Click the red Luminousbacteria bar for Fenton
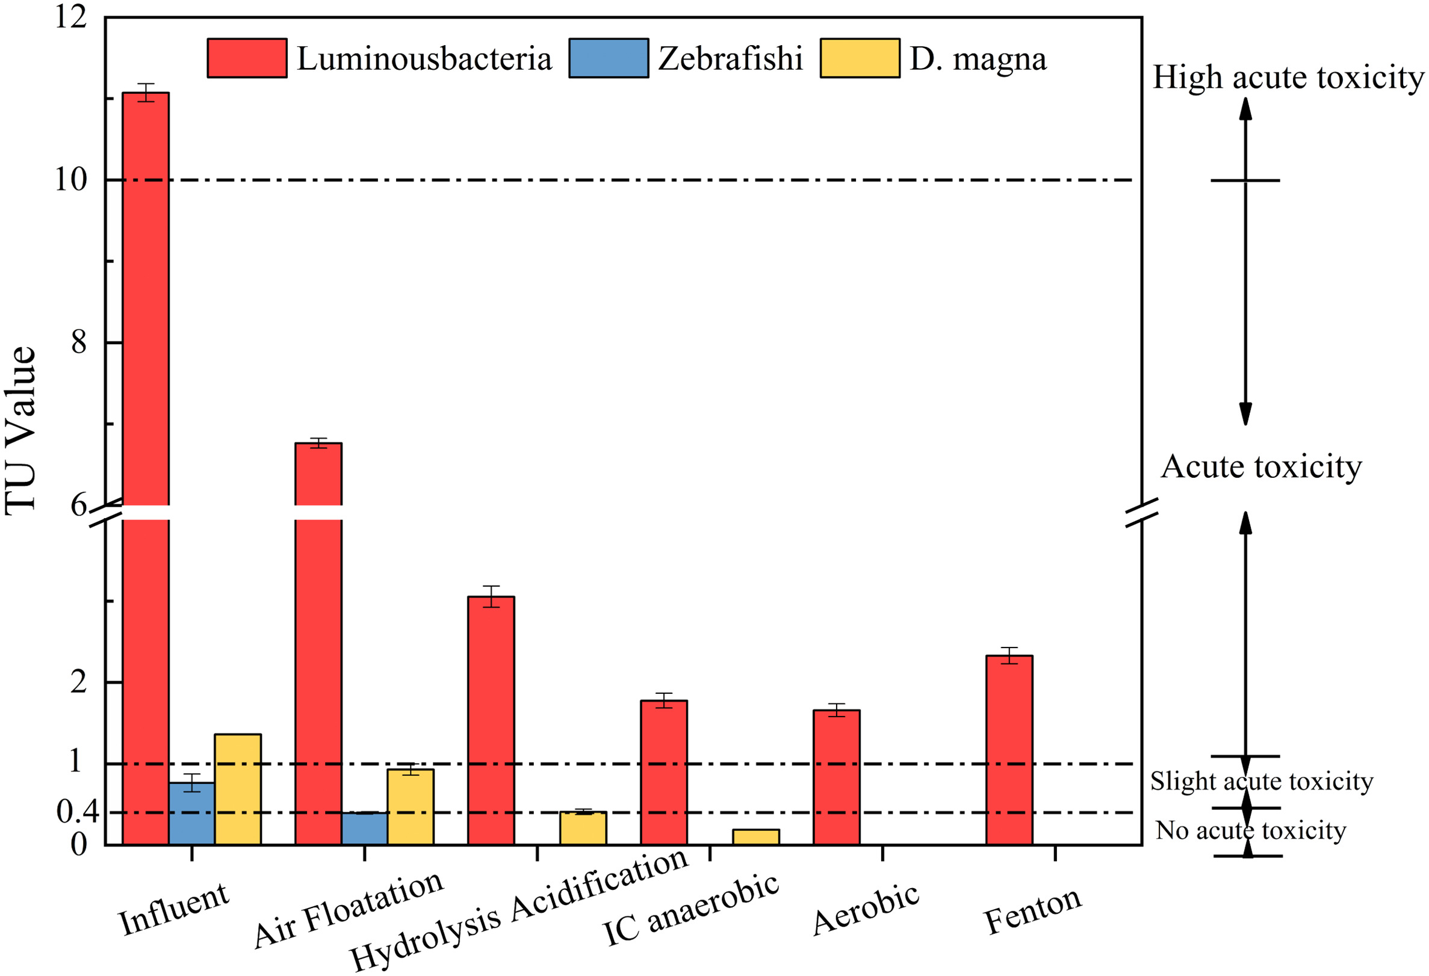tap(1009, 750)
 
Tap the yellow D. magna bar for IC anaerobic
tap(755, 836)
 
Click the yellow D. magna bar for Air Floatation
tap(410, 806)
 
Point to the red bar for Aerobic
tap(836, 777)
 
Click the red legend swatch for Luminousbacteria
tap(247, 58)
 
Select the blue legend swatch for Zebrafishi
tap(608, 58)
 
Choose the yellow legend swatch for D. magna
tap(860, 58)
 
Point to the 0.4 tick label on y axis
tap(78, 812)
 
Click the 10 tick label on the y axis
tap(70, 180)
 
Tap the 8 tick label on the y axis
tap(79, 342)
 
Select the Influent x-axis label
tap(174, 910)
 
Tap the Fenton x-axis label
tap(1032, 910)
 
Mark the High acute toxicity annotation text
tap(1288, 78)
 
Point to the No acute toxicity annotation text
tap(1251, 830)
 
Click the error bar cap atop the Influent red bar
tap(146, 84)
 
